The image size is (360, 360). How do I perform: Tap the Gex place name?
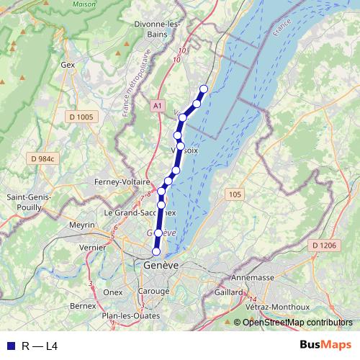tap(68, 65)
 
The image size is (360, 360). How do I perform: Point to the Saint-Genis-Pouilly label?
tap(26, 202)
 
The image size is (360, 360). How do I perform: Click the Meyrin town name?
tap(82, 225)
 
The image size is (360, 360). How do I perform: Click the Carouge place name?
tap(156, 292)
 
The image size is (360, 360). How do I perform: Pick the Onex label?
tap(113, 292)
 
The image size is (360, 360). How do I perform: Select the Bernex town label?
tap(83, 305)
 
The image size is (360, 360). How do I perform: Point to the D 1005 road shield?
tap(81, 117)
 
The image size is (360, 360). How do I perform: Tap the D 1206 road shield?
tap(324, 246)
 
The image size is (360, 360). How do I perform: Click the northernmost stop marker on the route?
tap(203, 89)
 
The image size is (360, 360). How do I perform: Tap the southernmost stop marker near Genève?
tap(156, 251)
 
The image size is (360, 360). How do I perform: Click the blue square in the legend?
tap(10, 346)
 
